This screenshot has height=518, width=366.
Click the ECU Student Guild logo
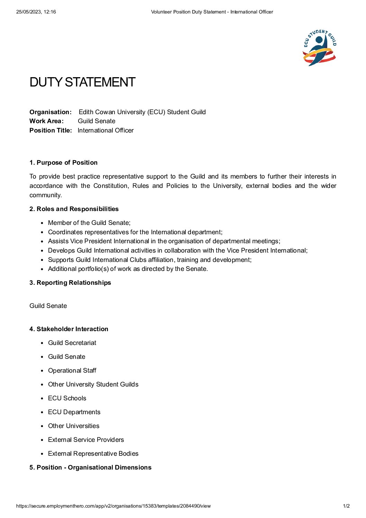click(x=320, y=48)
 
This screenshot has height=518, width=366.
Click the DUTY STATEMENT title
click(x=82, y=82)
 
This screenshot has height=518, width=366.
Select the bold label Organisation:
click(x=51, y=112)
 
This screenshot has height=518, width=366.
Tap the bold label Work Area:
click(x=46, y=121)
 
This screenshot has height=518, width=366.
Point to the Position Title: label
click(x=51, y=130)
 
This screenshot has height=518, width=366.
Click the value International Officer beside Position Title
click(x=106, y=130)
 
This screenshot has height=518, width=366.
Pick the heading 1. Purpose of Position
click(x=63, y=163)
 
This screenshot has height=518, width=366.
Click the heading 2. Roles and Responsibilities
click(x=74, y=209)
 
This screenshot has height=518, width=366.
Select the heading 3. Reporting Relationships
click(x=70, y=283)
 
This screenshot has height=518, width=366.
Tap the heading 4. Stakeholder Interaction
click(x=69, y=329)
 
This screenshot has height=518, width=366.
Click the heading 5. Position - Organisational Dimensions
click(x=90, y=467)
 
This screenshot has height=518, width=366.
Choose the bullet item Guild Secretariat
click(x=72, y=343)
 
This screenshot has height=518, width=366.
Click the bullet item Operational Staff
click(x=72, y=371)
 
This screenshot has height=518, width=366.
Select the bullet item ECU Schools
click(x=67, y=398)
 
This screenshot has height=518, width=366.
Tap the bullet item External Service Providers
click(x=86, y=440)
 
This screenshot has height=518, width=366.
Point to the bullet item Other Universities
click(x=74, y=426)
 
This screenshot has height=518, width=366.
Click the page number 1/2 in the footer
click(x=346, y=506)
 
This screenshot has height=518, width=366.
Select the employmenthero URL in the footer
click(x=113, y=506)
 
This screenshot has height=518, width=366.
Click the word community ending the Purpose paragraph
click(x=45, y=195)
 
